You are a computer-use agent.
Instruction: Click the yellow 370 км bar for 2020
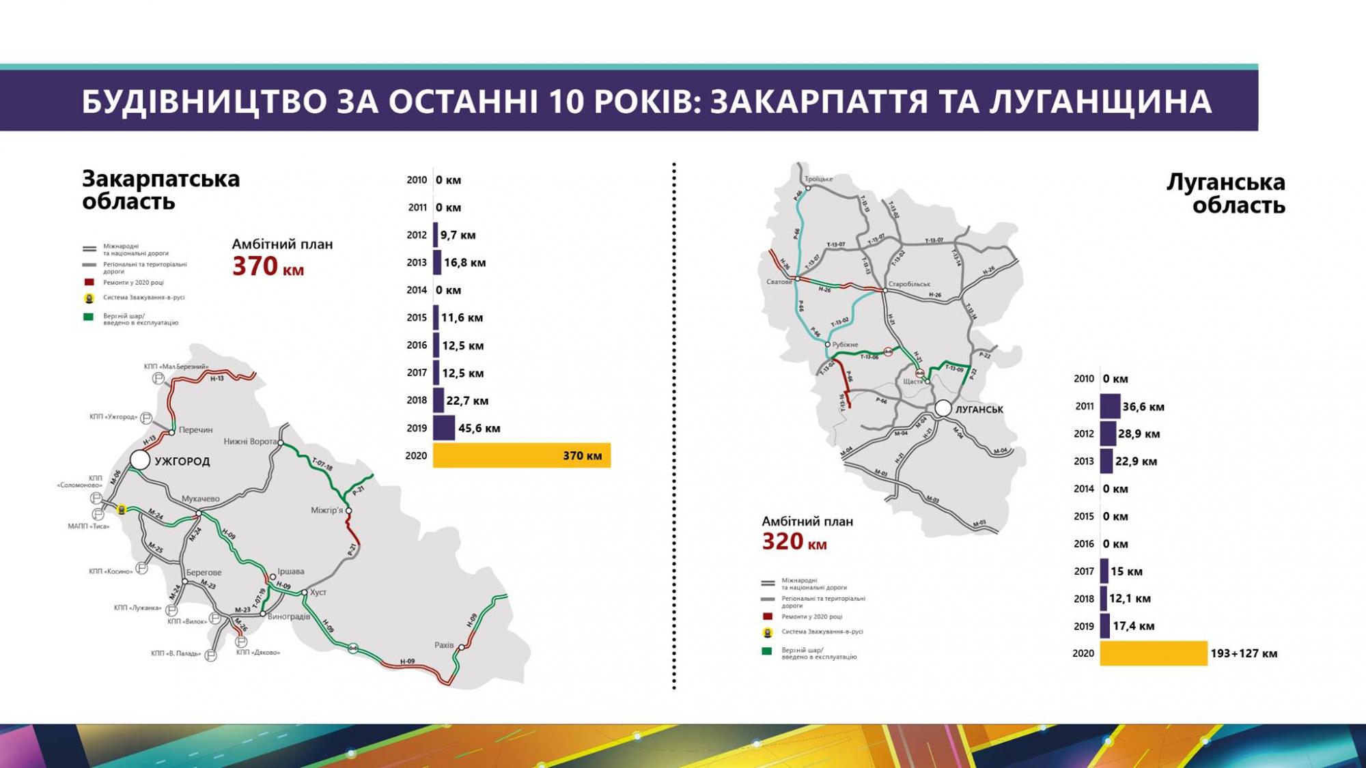coord(521,455)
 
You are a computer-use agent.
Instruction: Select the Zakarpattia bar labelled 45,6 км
coord(444,428)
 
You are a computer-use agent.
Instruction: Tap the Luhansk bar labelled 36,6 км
coord(1110,406)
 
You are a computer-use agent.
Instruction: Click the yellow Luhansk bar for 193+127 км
coord(1153,653)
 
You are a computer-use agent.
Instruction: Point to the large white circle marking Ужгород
coord(140,460)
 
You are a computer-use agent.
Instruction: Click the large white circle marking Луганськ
coord(943,408)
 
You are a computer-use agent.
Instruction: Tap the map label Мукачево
coord(200,499)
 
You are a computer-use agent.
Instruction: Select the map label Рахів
coord(444,645)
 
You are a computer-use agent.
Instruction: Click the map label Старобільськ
coord(909,284)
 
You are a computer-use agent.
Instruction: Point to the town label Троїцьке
coord(819,179)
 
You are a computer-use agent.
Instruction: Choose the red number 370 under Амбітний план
coord(255,266)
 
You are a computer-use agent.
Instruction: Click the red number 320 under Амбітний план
coord(783,542)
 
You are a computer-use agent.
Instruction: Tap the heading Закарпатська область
coord(161,190)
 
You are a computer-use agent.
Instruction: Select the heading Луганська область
coord(1225,193)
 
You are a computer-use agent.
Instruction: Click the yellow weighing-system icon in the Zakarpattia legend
coord(89,298)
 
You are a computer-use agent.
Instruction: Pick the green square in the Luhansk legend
coord(767,651)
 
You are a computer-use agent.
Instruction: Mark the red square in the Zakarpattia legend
coord(89,282)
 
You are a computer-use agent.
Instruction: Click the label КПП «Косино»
coord(111,571)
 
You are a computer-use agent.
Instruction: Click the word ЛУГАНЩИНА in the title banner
coord(1100,102)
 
